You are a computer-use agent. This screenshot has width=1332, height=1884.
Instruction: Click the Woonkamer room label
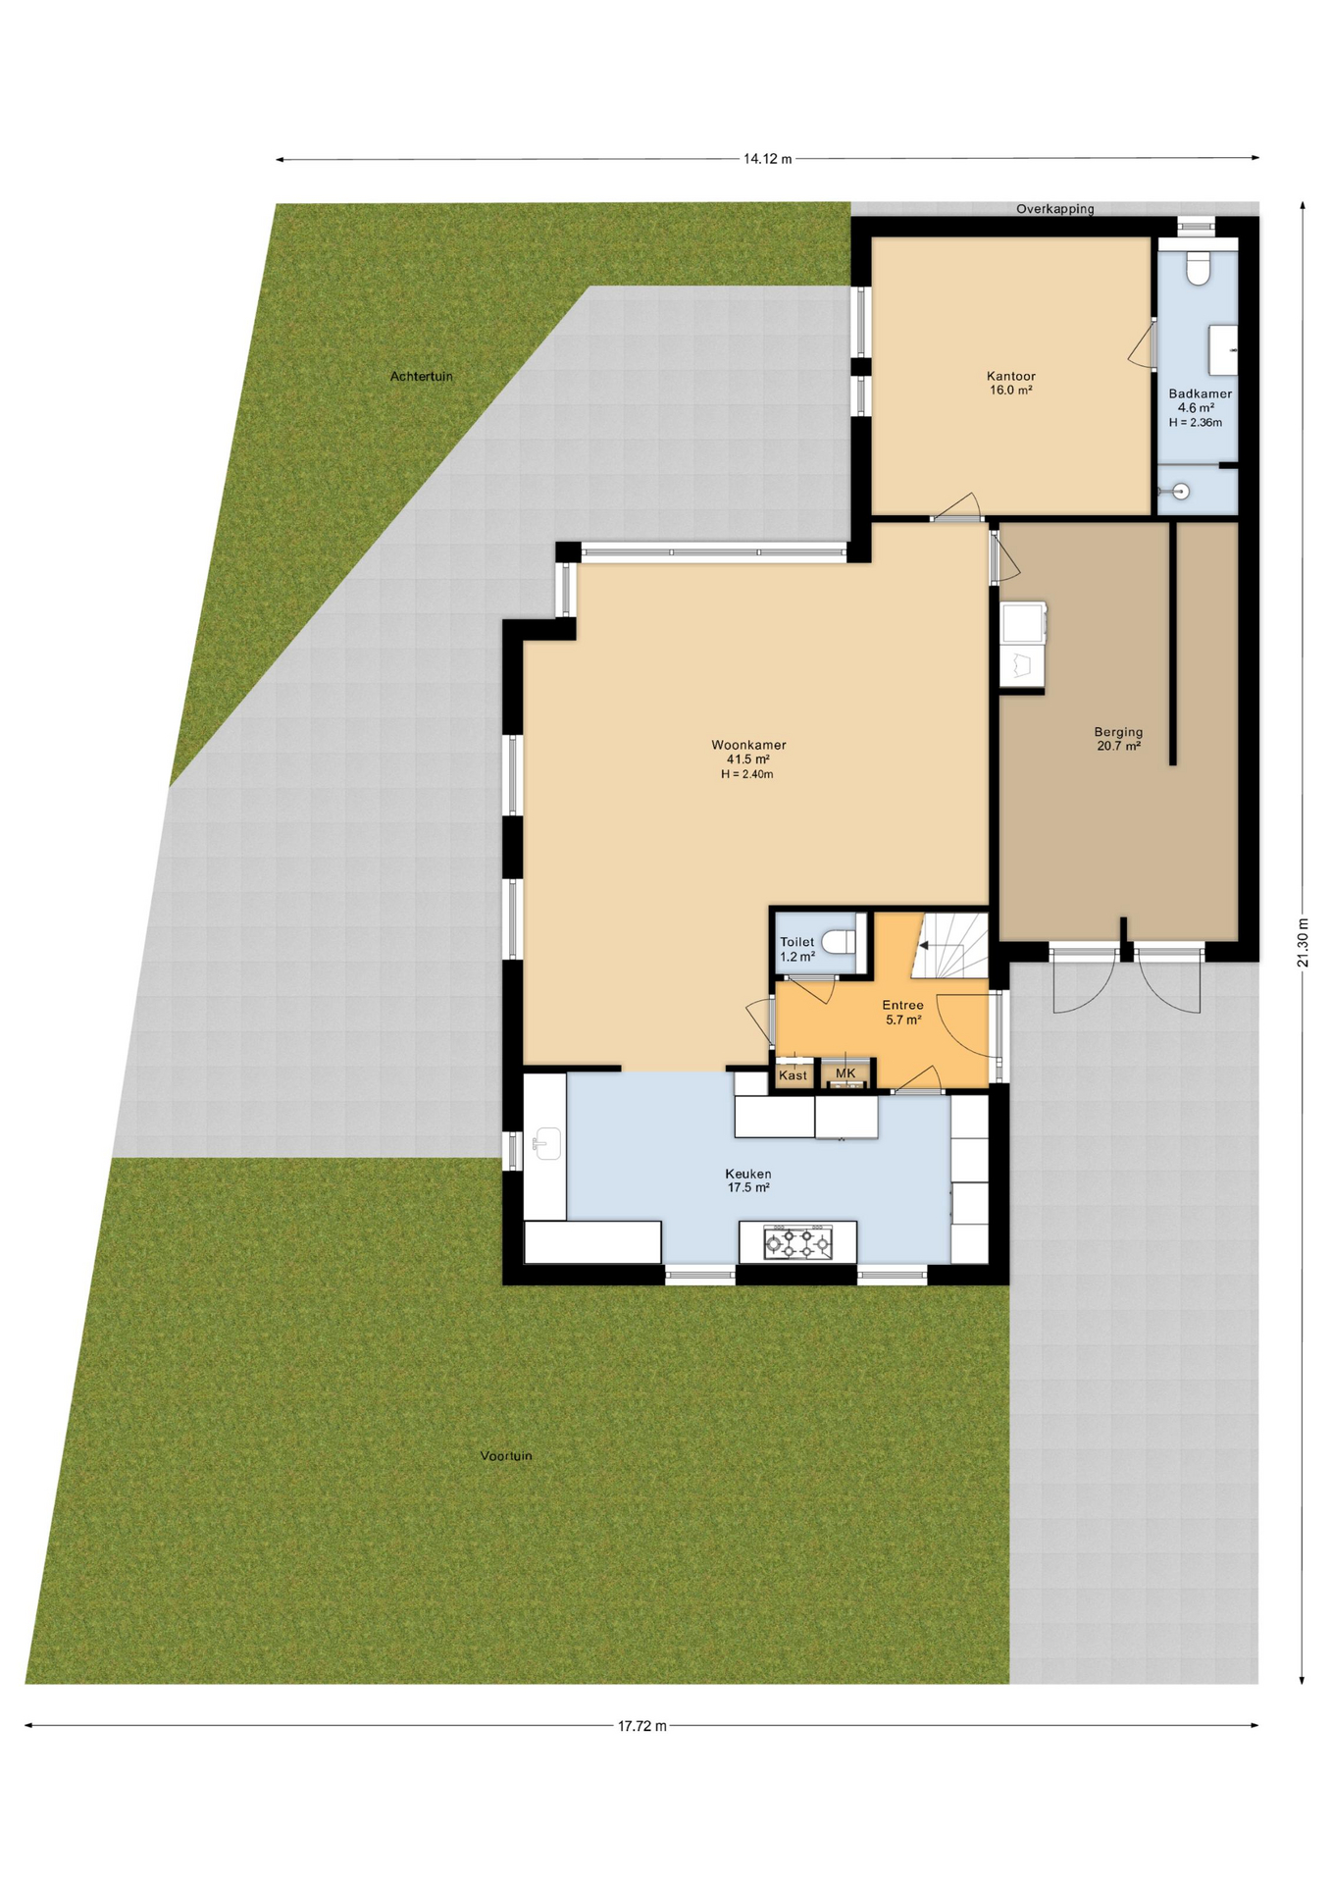click(x=748, y=745)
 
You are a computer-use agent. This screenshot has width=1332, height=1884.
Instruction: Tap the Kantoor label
click(x=1010, y=376)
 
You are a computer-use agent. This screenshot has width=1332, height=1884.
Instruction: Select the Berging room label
click(x=1118, y=732)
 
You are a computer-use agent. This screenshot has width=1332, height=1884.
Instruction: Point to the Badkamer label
click(x=1200, y=393)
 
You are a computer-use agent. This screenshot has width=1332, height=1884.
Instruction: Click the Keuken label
click(x=747, y=1174)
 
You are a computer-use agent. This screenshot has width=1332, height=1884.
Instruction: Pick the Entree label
click(x=902, y=1005)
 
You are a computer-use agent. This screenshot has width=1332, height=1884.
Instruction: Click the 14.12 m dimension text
click(x=767, y=159)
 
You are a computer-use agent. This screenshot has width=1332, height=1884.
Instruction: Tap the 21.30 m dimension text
click(x=1303, y=942)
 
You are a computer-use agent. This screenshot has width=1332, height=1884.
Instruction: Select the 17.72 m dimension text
click(x=641, y=1726)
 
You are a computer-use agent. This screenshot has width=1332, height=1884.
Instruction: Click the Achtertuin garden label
click(x=422, y=376)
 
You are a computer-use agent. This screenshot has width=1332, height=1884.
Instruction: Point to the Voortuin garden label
click(x=506, y=1455)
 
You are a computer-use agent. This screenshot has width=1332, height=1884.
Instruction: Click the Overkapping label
click(x=1054, y=209)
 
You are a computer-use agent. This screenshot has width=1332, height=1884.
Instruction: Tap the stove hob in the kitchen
click(x=797, y=1243)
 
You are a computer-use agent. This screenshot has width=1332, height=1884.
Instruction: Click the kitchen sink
click(x=546, y=1142)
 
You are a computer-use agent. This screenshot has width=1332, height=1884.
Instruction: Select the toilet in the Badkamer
click(x=1198, y=268)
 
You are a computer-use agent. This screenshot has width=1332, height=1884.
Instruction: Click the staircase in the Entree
click(x=949, y=945)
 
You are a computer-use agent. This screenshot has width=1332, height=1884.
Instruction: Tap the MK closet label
click(x=845, y=1073)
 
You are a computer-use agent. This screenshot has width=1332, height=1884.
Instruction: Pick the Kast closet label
click(x=793, y=1075)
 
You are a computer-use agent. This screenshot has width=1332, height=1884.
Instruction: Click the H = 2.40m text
click(x=746, y=774)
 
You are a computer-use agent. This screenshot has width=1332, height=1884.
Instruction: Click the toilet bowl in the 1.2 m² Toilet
click(x=837, y=942)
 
